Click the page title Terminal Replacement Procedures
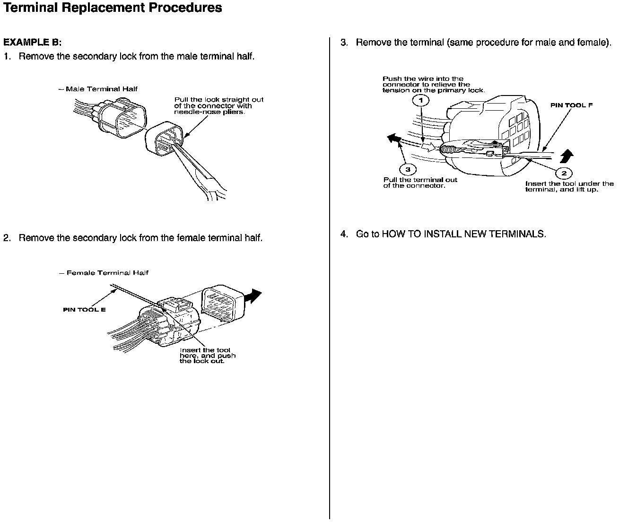(113, 8)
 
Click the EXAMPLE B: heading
(33, 42)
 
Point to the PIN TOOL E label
(84, 310)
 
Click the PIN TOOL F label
(571, 105)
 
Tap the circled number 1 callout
(420, 100)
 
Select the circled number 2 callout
(564, 174)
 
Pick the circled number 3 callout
(408, 170)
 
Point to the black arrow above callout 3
(392, 139)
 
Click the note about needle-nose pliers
(218, 106)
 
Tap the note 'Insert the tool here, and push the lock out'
(207, 356)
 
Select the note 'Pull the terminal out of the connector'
(420, 183)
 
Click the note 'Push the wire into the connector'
(433, 85)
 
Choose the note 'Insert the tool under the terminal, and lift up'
(569, 186)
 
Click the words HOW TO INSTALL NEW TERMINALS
(463, 234)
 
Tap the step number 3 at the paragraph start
(344, 43)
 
